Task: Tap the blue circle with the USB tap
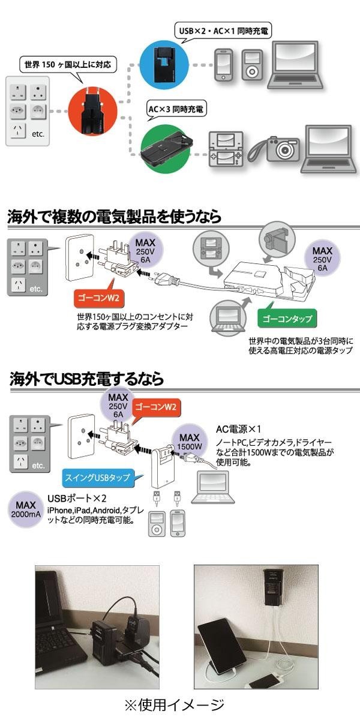pyautogui.click(x=164, y=63)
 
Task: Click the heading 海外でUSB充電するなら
pyautogui.click(x=86, y=379)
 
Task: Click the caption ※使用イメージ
pyautogui.click(x=174, y=705)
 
